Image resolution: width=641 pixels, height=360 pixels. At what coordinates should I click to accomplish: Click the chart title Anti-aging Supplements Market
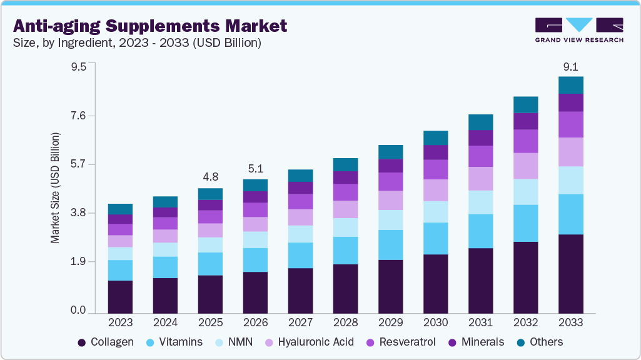[x=150, y=26]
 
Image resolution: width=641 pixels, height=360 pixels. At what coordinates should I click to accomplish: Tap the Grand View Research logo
[x=578, y=30]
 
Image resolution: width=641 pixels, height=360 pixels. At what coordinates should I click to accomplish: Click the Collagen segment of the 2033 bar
[x=570, y=273]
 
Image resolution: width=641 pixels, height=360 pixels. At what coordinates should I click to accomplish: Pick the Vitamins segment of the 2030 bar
[x=435, y=238]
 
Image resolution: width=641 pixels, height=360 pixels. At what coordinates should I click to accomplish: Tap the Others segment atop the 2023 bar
[x=120, y=209]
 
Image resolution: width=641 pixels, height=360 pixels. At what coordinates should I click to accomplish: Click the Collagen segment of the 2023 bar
[x=120, y=296]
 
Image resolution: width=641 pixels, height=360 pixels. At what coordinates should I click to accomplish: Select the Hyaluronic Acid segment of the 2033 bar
[x=570, y=152]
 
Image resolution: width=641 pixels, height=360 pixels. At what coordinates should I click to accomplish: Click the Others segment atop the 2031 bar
[x=480, y=122]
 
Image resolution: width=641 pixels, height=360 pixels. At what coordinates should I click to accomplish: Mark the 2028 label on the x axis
[x=345, y=322]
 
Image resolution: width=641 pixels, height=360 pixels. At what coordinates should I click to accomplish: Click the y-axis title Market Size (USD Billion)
[x=56, y=187]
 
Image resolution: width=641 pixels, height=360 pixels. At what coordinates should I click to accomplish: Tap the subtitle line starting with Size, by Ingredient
[x=137, y=43]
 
